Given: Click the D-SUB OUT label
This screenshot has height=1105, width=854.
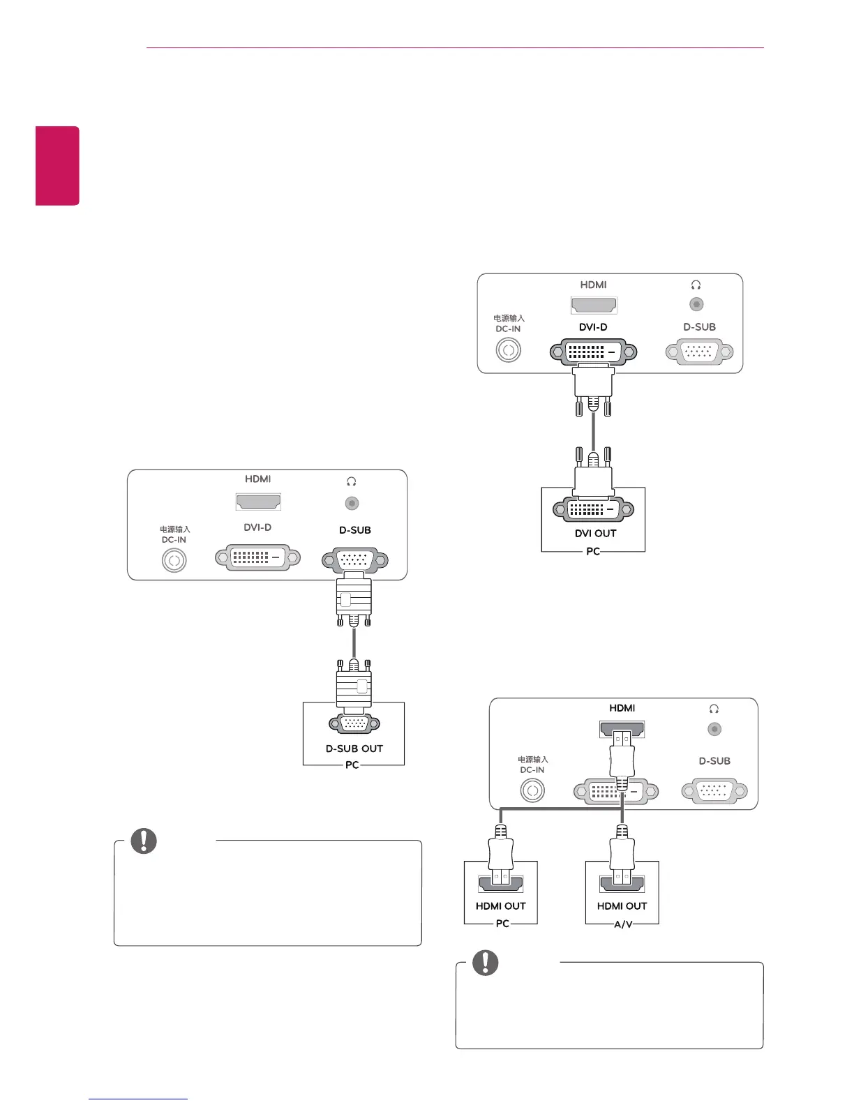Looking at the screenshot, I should pyautogui.click(x=354, y=749).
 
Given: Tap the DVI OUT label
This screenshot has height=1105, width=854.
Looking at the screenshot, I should pyautogui.click(x=595, y=534).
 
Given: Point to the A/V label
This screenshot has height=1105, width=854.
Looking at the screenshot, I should pyautogui.click(x=622, y=924).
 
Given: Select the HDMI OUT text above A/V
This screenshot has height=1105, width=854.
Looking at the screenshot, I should pyautogui.click(x=622, y=906).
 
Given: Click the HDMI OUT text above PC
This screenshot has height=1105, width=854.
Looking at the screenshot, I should pyautogui.click(x=500, y=906).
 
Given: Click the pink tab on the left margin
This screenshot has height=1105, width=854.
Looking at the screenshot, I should pyautogui.click(x=58, y=165).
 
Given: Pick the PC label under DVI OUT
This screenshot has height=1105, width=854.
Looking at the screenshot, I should pyautogui.click(x=593, y=552).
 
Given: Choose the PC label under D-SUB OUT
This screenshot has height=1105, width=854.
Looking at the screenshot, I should pyautogui.click(x=352, y=765).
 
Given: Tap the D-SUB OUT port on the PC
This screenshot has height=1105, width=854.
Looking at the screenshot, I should pyautogui.click(x=354, y=725).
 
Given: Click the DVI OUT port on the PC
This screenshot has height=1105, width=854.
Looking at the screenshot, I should pyautogui.click(x=593, y=510).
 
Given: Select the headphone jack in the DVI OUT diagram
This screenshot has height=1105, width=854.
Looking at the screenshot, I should pyautogui.click(x=696, y=304).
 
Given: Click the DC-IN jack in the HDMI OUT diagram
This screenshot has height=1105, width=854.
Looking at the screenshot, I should pyautogui.click(x=532, y=790).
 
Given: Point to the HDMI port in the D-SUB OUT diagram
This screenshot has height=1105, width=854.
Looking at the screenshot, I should pyautogui.click(x=258, y=501).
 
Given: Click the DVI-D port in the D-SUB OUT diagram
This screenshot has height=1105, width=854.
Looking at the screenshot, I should pyautogui.click(x=257, y=557).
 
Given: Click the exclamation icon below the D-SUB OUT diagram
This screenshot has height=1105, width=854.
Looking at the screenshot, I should pyautogui.click(x=144, y=841).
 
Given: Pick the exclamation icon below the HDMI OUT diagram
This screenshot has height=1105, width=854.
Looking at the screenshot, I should pyautogui.click(x=486, y=963).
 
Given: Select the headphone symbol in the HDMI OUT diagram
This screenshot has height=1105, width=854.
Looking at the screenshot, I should pyautogui.click(x=714, y=709).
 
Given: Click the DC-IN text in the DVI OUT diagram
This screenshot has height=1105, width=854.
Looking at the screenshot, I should pyautogui.click(x=508, y=329).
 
